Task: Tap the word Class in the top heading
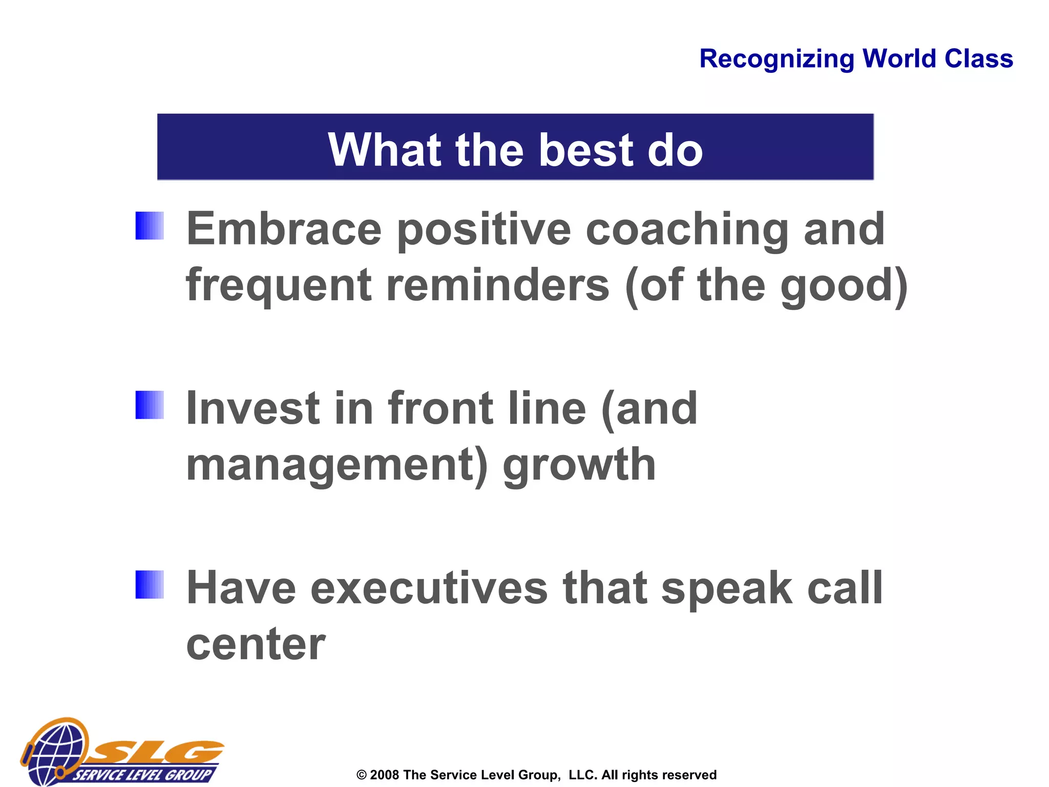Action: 978,58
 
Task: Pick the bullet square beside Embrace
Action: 150,226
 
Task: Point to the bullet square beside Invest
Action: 150,405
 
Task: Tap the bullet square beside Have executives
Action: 150,585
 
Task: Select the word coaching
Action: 687,230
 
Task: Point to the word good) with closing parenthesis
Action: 844,286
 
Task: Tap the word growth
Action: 579,465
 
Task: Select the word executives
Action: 429,588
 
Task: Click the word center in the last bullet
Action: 256,645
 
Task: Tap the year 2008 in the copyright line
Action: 384,775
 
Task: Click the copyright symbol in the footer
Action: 362,775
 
